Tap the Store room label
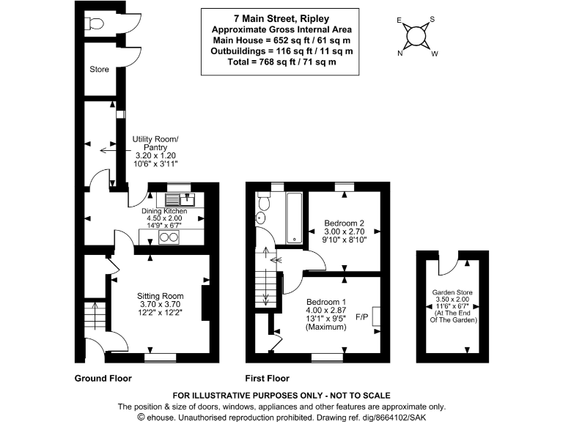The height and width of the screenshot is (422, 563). pyautogui.click(x=99, y=70)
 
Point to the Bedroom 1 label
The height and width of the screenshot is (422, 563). pyautogui.click(x=325, y=303)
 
